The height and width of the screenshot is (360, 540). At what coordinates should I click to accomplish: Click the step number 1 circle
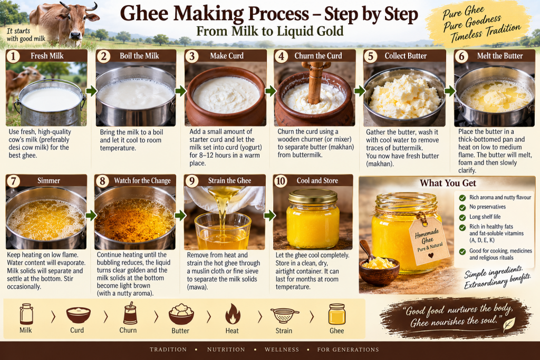tap(13, 56)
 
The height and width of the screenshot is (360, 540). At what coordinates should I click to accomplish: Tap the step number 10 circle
tap(281, 181)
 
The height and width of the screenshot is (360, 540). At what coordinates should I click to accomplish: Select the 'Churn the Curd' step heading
tap(318, 56)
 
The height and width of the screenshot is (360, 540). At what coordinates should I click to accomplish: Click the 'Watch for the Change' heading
tap(142, 181)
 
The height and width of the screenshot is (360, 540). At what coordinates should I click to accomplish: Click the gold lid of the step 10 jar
tap(313, 197)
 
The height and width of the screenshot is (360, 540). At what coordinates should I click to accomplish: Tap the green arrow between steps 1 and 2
tap(91, 91)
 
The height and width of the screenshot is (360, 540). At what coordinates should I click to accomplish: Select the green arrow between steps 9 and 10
tap(269, 216)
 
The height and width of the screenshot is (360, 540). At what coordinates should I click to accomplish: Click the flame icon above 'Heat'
tap(233, 314)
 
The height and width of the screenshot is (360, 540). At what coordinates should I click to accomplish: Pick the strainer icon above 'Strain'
tap(284, 315)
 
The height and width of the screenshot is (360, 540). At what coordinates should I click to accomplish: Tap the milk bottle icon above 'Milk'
tap(26, 314)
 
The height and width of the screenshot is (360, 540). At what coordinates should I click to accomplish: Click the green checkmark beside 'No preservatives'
tap(462, 208)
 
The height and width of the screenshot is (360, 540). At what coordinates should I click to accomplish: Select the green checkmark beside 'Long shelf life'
tap(462, 218)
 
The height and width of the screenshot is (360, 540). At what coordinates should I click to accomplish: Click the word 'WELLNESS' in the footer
tap(282, 349)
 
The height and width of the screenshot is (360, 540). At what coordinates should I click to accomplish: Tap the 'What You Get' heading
tap(448, 183)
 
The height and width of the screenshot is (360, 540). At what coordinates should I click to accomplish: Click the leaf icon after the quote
tap(509, 324)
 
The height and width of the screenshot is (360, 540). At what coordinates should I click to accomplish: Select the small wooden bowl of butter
tap(379, 270)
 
